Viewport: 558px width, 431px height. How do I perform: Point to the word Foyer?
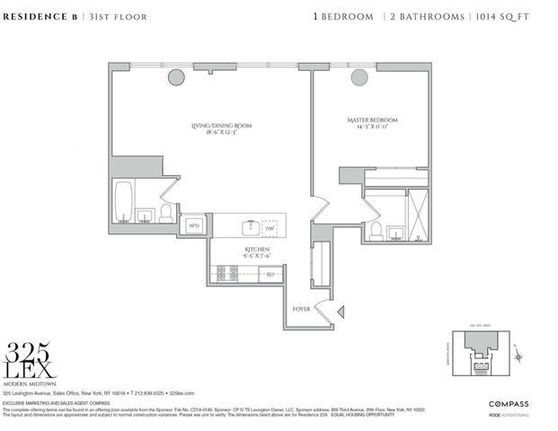tap(302, 309)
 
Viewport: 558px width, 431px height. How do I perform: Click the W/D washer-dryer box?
tap(192, 225)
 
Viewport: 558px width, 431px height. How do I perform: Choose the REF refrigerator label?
tap(268, 275)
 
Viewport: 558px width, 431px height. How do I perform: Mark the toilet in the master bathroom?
tap(375, 231)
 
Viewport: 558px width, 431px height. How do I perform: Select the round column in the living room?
tap(174, 78)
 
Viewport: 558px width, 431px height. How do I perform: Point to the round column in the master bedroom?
tap(359, 78)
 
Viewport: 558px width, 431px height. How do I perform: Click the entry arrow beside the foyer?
tap(341, 312)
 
